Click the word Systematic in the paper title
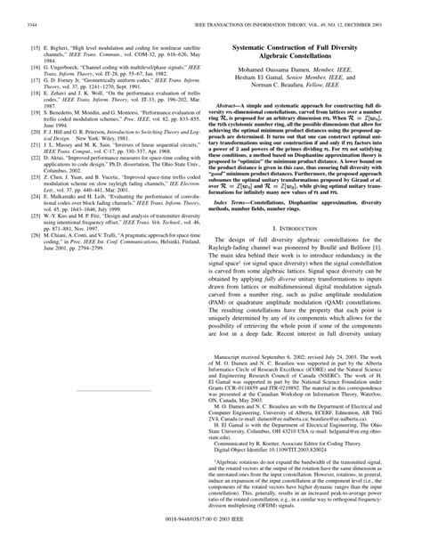point(249,45)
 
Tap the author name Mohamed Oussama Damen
point(280,70)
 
